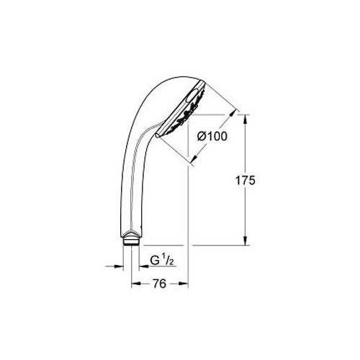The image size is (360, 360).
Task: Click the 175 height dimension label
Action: (245, 181)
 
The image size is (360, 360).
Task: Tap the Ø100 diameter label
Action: (212, 136)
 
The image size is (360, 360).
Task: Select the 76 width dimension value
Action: (159, 284)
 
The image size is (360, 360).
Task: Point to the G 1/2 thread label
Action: (162, 261)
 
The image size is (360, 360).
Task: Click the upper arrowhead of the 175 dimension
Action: (245, 119)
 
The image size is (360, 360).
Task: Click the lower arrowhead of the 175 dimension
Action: (245, 240)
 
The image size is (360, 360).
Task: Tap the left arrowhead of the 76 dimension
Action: (136, 284)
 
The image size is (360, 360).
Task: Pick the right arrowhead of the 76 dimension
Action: (184, 284)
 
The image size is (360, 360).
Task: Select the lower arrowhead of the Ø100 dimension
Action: (194, 158)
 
